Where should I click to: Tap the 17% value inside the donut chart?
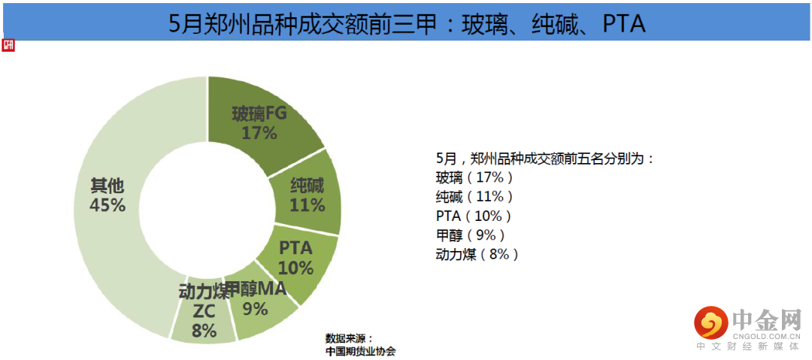coord(259,133)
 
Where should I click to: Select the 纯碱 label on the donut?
coord(307,186)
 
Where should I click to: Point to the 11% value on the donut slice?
coord(307,204)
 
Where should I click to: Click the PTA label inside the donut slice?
coord(295,247)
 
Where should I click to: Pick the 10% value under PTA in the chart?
coord(295,267)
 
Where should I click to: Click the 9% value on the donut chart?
coord(255,308)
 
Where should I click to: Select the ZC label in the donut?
coord(204,311)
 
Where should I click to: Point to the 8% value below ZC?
coord(204,331)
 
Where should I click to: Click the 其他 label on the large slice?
coord(108,185)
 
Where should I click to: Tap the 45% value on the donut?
coord(108,204)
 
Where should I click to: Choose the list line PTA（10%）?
coord(474,216)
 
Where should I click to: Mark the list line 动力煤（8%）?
coord(477,254)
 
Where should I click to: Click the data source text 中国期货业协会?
coord(360,351)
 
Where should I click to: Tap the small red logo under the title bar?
coord(8,45)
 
